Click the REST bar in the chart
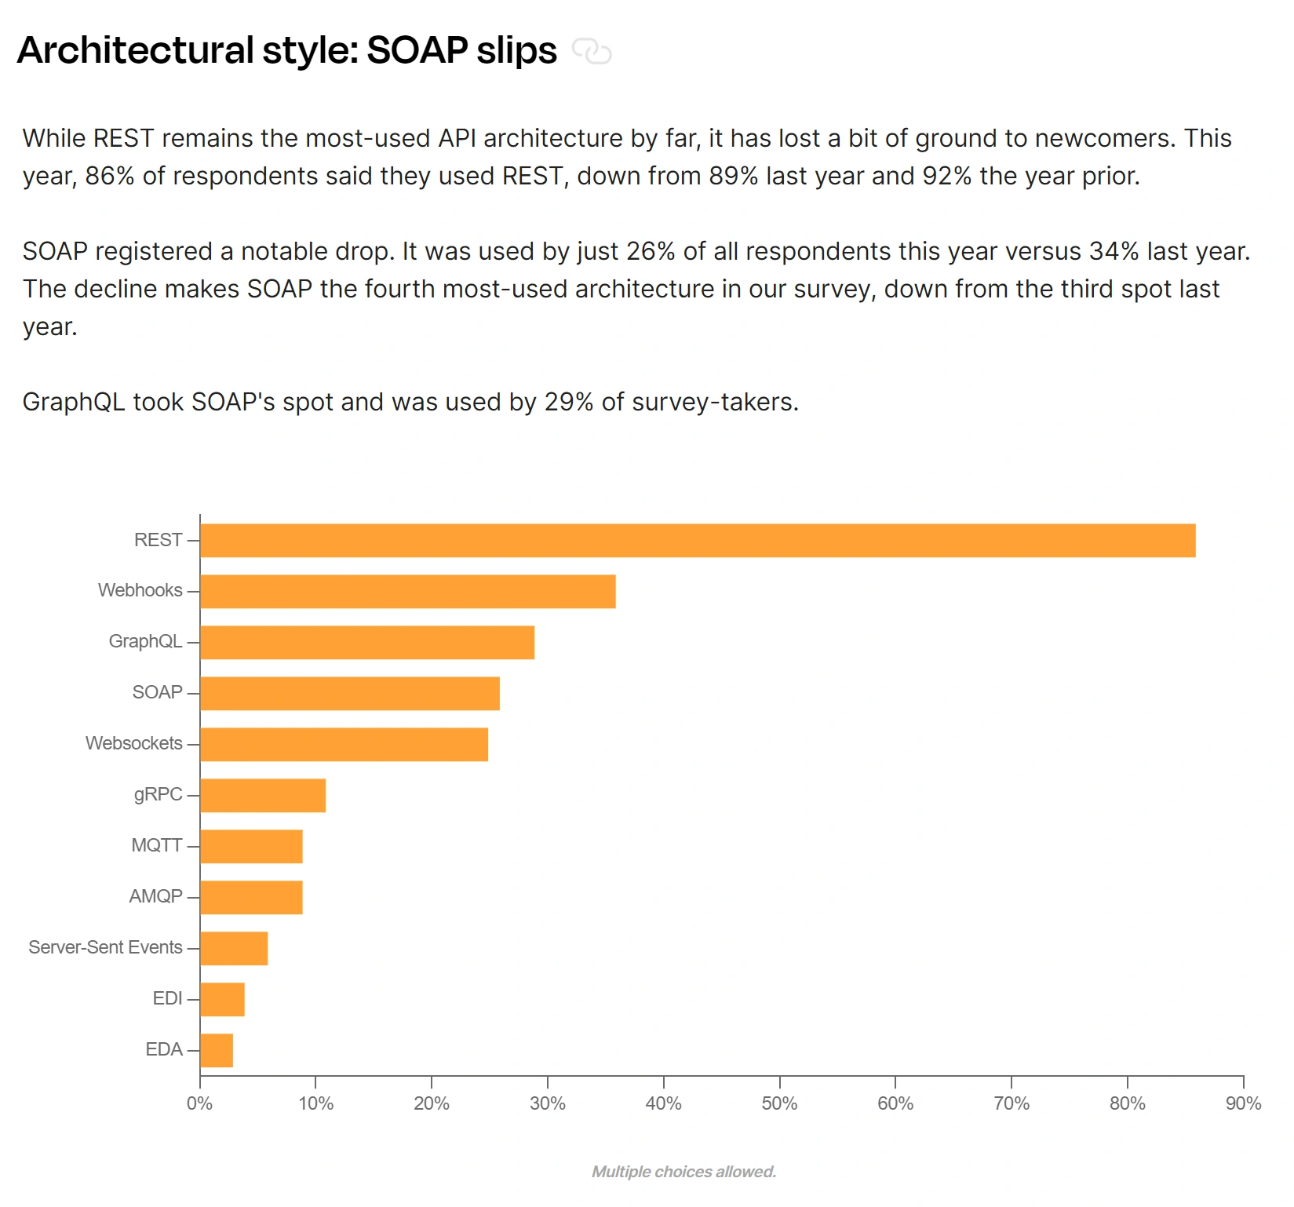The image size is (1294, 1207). (697, 541)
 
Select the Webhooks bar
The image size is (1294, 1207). (407, 592)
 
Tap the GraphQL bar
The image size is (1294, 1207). (366, 643)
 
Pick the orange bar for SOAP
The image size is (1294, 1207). (349, 694)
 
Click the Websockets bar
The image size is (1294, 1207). (344, 745)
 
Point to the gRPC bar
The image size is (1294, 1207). (262, 796)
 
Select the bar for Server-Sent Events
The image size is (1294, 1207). (233, 949)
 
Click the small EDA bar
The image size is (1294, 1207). (216, 1051)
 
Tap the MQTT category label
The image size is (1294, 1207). (156, 845)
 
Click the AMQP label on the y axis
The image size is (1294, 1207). (155, 896)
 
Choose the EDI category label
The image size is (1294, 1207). (167, 998)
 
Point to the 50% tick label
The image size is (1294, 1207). (779, 1103)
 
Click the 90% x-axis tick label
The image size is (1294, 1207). (1243, 1103)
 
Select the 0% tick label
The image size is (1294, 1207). (200, 1103)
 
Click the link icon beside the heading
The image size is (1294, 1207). (592, 52)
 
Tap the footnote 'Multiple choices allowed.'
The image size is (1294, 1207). (683, 1172)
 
